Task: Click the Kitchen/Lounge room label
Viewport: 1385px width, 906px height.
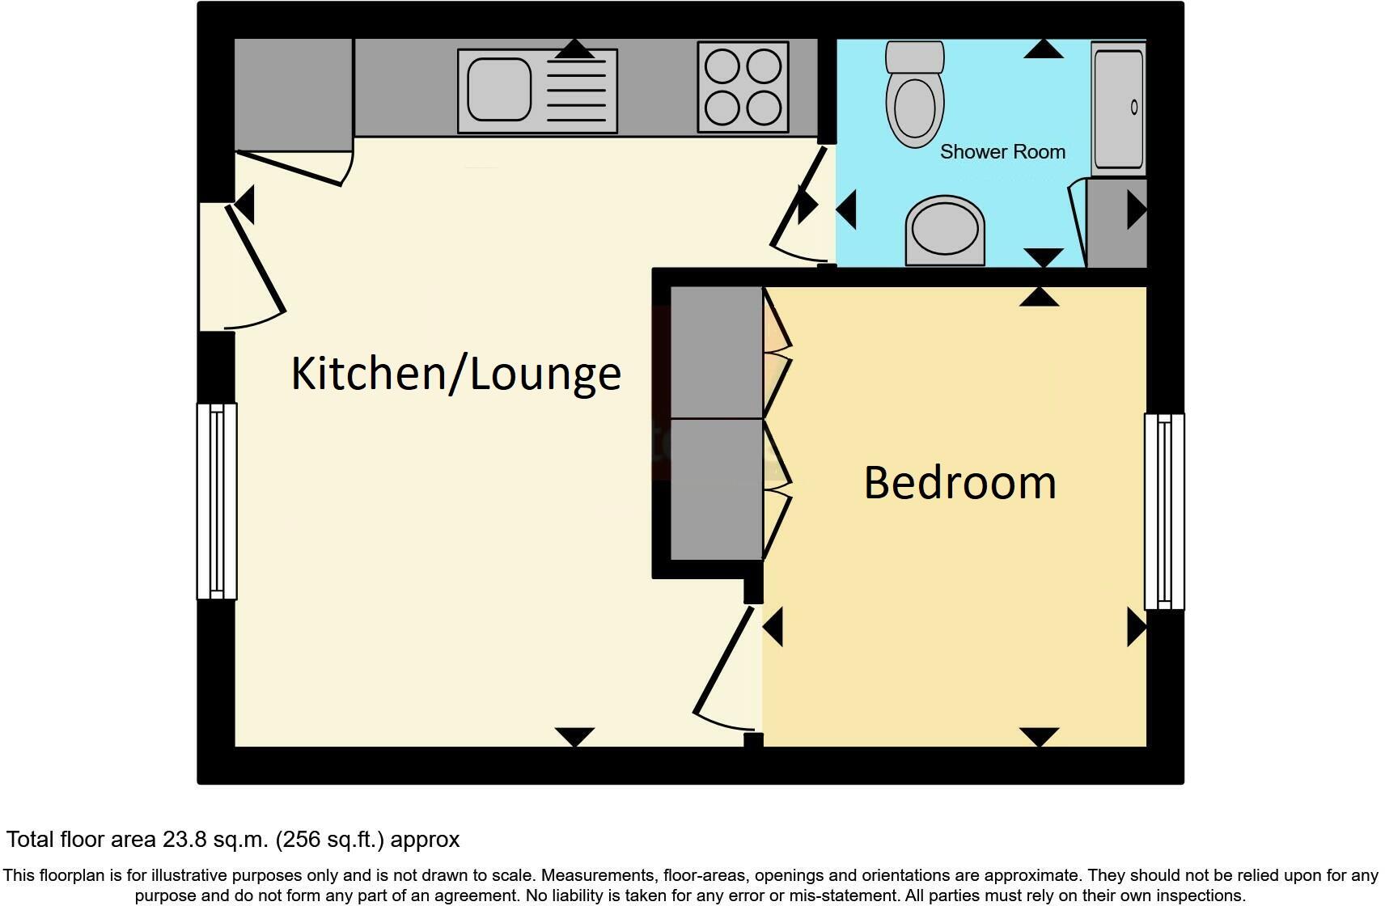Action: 455,374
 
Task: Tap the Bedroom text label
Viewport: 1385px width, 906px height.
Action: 959,483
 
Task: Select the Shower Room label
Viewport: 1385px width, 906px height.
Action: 1002,152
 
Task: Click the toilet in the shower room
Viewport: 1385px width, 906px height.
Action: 915,95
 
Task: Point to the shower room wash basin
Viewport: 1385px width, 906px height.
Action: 945,231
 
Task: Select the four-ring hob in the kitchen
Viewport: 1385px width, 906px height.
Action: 743,87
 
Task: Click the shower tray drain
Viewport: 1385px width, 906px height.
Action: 1134,107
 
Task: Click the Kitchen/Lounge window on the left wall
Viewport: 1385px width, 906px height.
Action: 217,502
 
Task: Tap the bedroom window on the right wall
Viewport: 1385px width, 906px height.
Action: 1164,511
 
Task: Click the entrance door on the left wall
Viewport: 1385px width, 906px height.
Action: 256,259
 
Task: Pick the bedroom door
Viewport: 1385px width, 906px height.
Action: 726,663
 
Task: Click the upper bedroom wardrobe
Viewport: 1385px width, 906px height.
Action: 717,352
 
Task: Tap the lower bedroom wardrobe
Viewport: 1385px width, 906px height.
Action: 717,489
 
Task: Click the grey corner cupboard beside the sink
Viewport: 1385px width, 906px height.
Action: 293,94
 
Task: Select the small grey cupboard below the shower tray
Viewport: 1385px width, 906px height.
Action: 1116,223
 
